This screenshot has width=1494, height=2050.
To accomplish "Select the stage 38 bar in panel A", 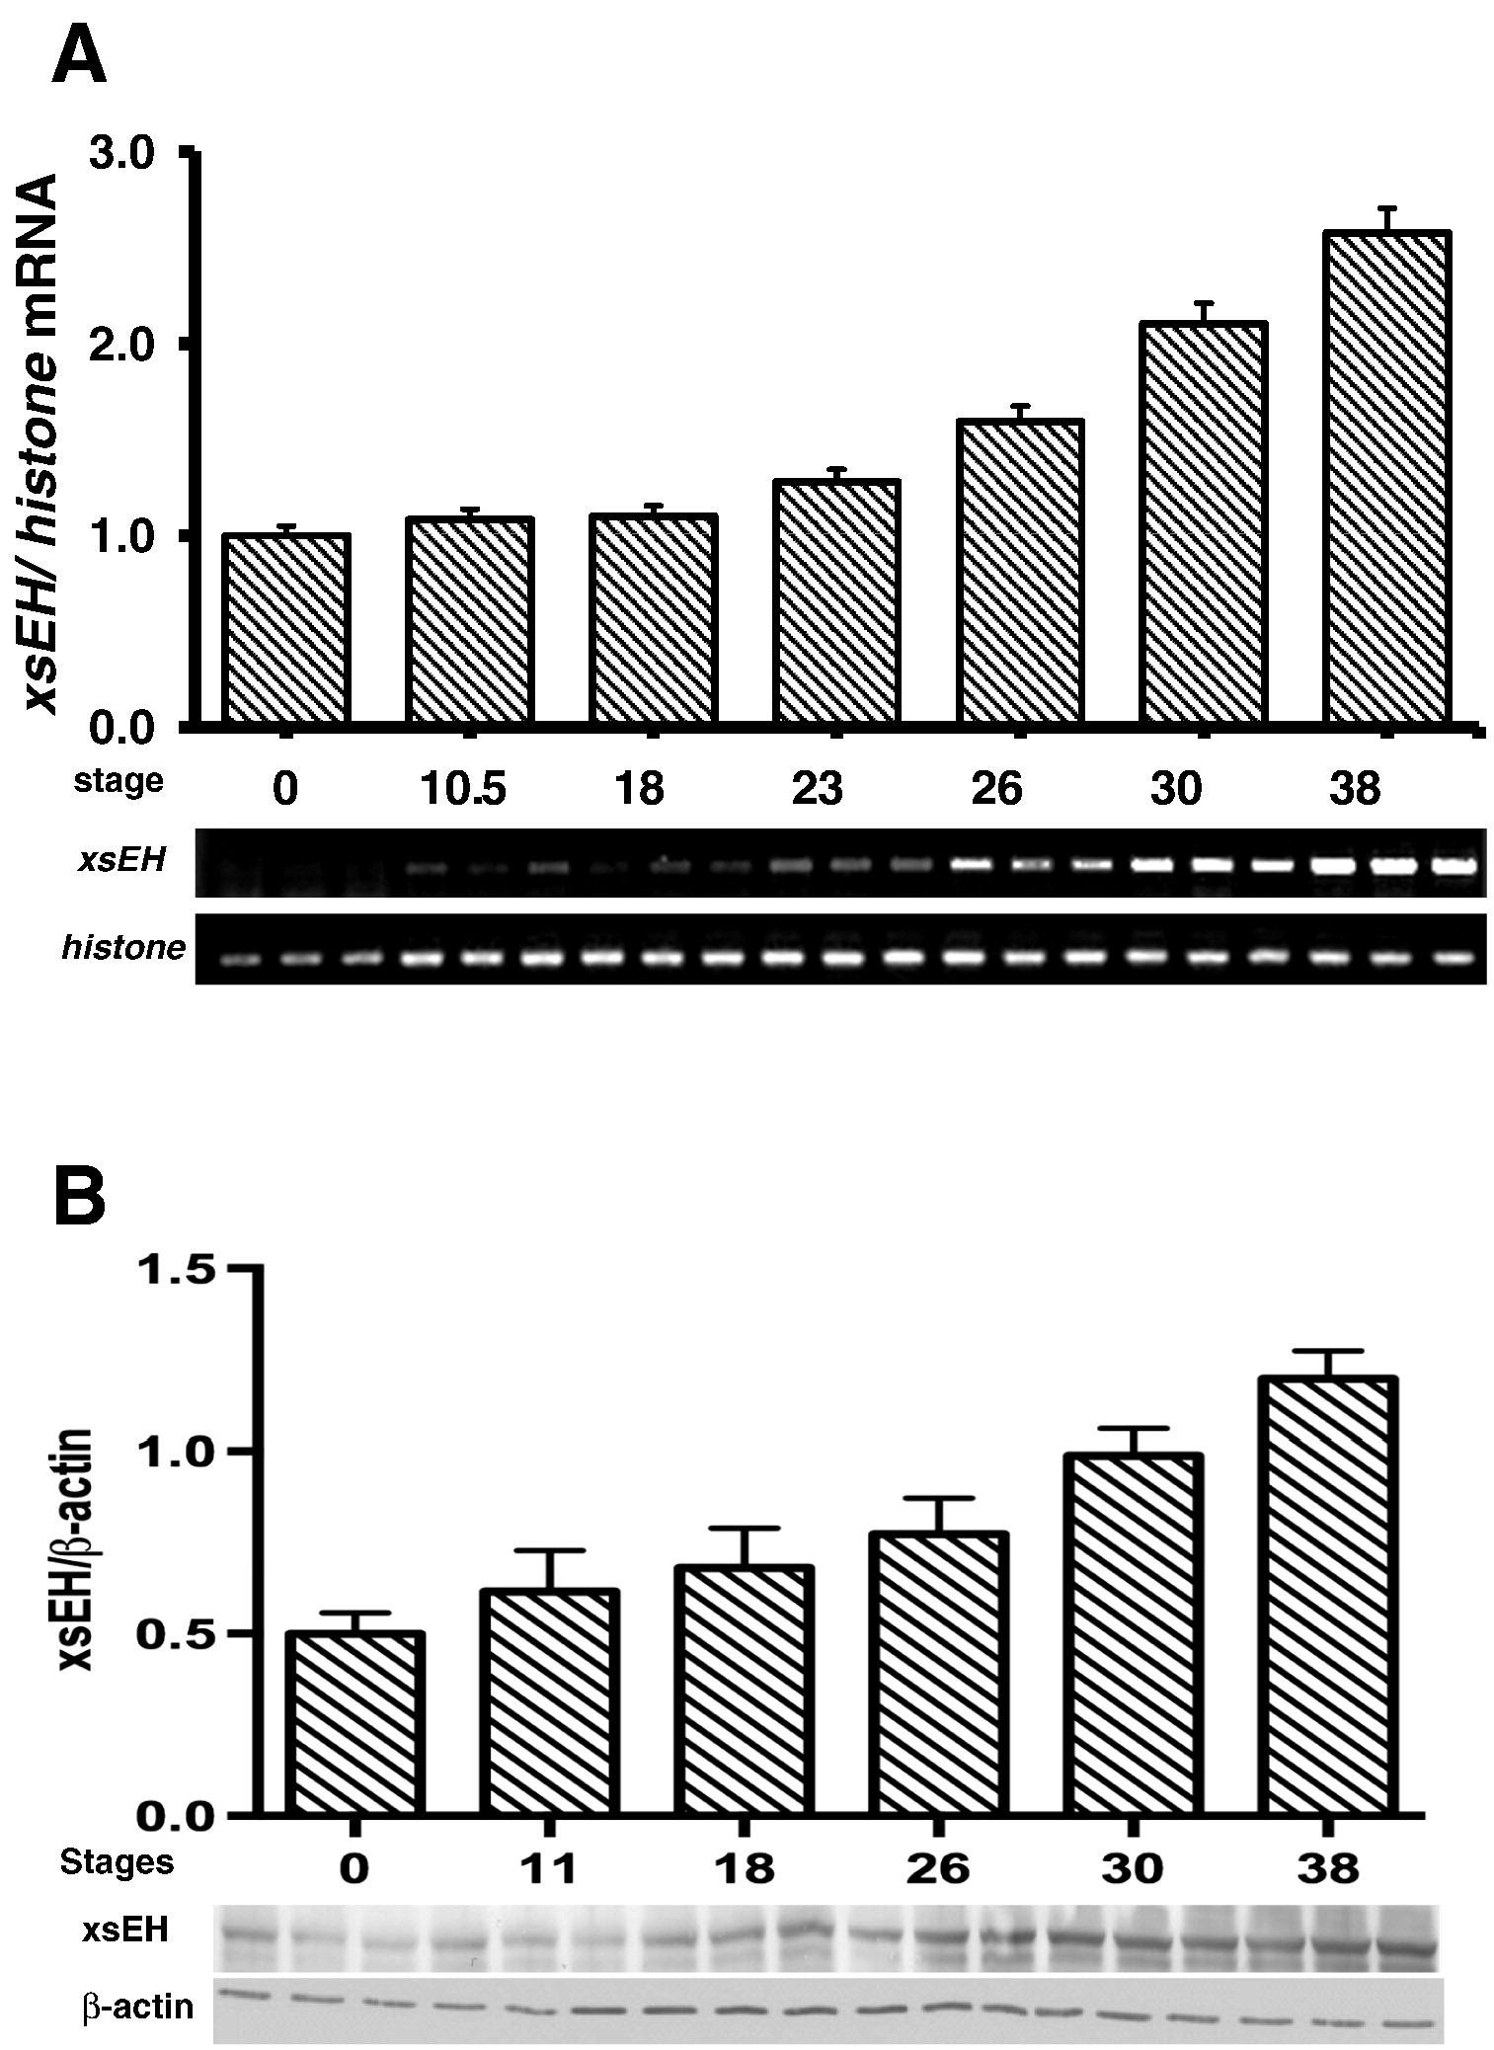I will [x=1386, y=478].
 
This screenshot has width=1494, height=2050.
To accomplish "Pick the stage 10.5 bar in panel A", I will [x=469, y=620].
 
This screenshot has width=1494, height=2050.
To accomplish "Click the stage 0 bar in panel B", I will [x=355, y=1722].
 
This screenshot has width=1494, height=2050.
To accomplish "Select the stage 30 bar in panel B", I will [x=1133, y=1634].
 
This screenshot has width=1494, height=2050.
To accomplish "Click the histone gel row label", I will [x=123, y=948].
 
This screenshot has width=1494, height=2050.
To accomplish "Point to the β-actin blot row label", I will [x=137, y=2008].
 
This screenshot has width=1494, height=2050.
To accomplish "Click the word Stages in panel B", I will [x=117, y=1862].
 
